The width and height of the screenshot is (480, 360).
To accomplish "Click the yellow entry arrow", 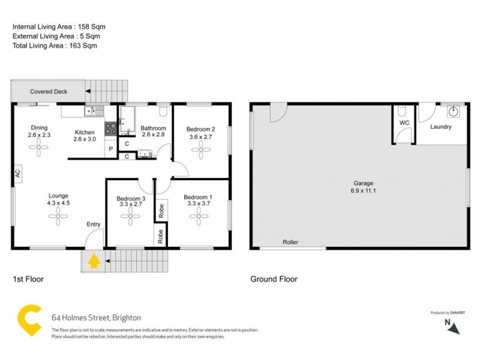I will click(x=94, y=261).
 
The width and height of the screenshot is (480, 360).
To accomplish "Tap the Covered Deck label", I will click(x=49, y=92).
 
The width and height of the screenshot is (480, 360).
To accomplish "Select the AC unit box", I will click(x=17, y=173).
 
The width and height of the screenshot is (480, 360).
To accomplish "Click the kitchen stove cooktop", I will click(x=111, y=127).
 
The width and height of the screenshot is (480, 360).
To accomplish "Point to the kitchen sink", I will click(x=94, y=110).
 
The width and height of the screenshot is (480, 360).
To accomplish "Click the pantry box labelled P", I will click(x=111, y=149).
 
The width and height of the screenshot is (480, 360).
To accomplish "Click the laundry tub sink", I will click(x=454, y=111).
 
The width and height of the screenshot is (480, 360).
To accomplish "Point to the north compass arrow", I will click(x=455, y=327).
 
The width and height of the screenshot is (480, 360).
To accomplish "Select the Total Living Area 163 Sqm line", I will click(x=55, y=45).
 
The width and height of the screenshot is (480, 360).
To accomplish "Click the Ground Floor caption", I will click(x=273, y=279).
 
